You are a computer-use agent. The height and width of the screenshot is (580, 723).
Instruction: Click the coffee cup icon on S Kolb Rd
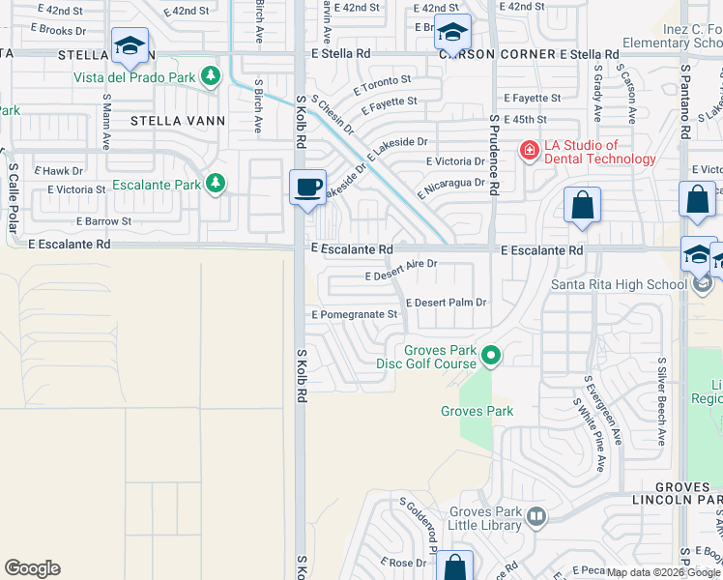tap(307, 187)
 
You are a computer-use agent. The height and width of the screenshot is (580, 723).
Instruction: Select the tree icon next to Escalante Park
tap(216, 184)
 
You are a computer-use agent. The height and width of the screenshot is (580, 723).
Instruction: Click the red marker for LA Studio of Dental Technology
tap(529, 151)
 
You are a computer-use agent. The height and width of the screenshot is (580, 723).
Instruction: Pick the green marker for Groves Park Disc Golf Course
tap(491, 356)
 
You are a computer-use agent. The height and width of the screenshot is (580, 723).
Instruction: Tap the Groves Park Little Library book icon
tap(536, 518)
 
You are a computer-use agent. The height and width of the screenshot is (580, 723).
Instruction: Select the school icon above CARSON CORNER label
tap(451, 31)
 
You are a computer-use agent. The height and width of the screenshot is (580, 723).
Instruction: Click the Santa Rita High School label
tap(619, 284)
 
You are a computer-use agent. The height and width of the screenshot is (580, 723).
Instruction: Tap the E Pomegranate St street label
tap(355, 315)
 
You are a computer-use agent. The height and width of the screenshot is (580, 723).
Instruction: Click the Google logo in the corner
tap(32, 568)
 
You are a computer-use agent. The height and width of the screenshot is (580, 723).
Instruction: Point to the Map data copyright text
tap(663, 572)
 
